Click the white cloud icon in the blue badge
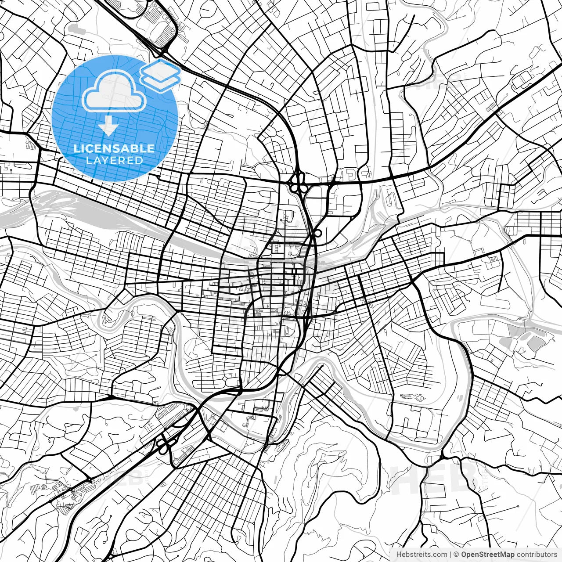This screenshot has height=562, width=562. coord(115,92)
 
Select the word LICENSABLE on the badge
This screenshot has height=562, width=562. coord(114,148)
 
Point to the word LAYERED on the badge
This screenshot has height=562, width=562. coord(114,161)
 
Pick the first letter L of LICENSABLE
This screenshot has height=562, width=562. coord(76,148)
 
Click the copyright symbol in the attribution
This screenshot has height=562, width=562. coord(457,555)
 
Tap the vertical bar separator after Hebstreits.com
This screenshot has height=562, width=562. coord(450,555)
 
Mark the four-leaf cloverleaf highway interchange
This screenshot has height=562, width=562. coord(298,182)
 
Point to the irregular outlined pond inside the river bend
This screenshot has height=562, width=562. coord(412,397)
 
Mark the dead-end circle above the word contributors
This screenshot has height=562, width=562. coord(519,506)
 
